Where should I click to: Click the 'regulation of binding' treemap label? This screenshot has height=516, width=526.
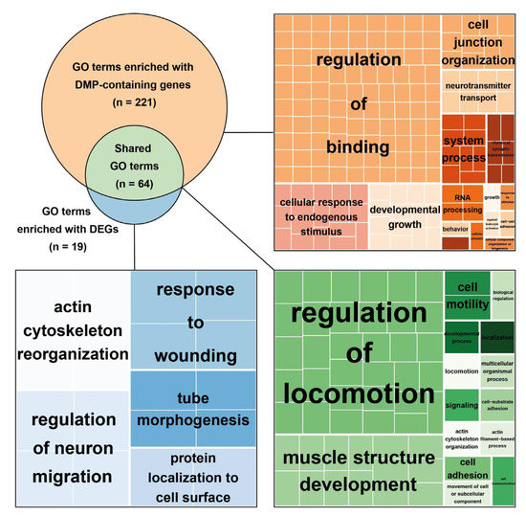pyautogui.click(x=356, y=102)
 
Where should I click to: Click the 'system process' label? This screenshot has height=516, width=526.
pyautogui.click(x=464, y=148)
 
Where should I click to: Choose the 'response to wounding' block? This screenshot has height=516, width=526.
pyautogui.click(x=195, y=322)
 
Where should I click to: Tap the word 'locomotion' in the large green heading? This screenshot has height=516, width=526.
pyautogui.click(x=356, y=393)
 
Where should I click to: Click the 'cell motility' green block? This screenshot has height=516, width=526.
pyautogui.click(x=467, y=294)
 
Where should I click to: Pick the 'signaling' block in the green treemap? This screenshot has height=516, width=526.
pyautogui.click(x=464, y=405)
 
